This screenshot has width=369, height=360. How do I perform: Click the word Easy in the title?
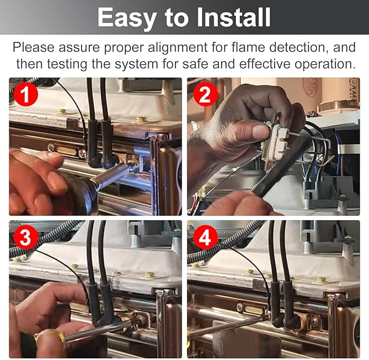tap(127, 17)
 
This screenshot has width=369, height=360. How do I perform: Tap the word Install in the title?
tap(234, 17)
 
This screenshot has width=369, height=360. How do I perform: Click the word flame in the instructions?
tap(248, 47)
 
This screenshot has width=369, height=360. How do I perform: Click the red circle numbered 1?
tap(26, 95)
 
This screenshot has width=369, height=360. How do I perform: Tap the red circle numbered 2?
tap(205, 95)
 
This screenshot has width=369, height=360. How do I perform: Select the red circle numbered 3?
tap(26, 237)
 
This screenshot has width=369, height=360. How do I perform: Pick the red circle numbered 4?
tap(205, 237)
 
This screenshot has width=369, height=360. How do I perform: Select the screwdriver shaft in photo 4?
tap(228, 325)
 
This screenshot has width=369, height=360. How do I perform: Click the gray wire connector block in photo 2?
tap(327, 188)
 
